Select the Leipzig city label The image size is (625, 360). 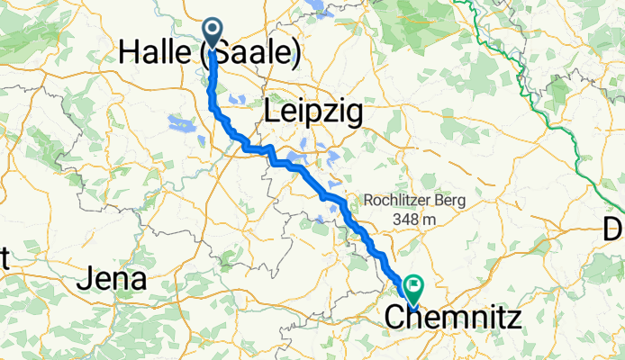point(313,112)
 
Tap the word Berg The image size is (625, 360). point(448,201)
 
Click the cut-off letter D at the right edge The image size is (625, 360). point(616,229)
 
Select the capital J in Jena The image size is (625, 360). point(84,280)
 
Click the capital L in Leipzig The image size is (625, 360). point(273,112)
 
